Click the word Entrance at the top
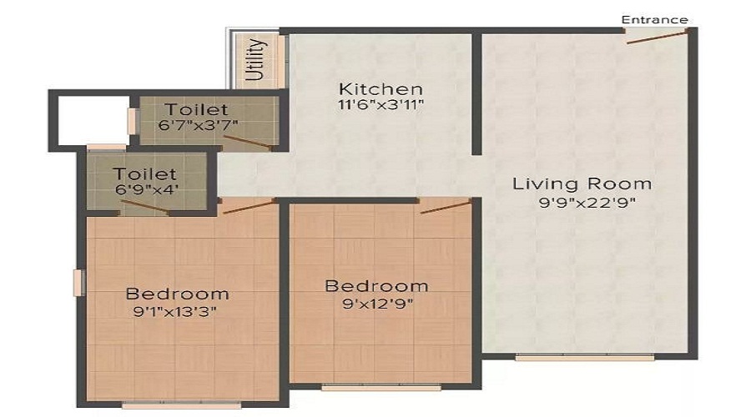pos(654,19)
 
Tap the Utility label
pos(257,59)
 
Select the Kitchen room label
pos(381,88)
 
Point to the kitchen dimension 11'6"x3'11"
pos(381,107)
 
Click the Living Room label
pos(582,183)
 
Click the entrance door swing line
pos(657,36)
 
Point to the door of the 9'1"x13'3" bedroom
pos(249,205)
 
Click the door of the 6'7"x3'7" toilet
pos(252,143)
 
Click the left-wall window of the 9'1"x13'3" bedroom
pos(79,282)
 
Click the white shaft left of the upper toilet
pos(92,121)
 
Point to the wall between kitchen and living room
pos(476,93)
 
